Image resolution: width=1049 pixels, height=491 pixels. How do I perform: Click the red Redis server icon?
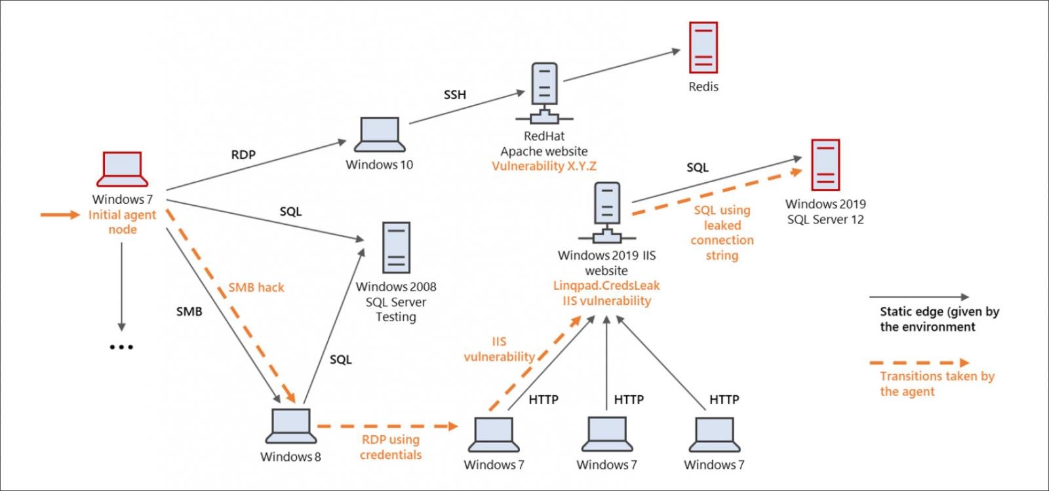(x=703, y=47)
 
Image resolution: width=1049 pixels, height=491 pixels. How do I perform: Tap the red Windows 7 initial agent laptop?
(x=122, y=170)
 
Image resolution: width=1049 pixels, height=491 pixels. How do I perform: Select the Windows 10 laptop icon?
(x=380, y=135)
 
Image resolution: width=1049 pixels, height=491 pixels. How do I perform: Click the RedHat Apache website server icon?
(x=544, y=92)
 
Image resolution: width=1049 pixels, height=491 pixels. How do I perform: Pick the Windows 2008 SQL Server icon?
(x=396, y=247)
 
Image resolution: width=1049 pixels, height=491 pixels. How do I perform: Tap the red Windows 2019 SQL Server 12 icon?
(x=825, y=165)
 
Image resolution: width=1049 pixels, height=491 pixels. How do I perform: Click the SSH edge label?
(x=455, y=95)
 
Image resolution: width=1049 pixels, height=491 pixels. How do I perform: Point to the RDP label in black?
(x=243, y=155)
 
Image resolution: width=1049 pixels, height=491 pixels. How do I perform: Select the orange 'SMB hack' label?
(x=256, y=287)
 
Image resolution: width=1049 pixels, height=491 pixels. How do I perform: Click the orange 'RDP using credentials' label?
(x=391, y=447)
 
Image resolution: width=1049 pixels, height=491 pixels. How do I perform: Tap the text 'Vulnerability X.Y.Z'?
(x=544, y=167)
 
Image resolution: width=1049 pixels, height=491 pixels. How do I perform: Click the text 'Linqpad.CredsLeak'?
(x=606, y=286)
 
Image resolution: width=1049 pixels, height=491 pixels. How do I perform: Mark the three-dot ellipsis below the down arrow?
(x=121, y=347)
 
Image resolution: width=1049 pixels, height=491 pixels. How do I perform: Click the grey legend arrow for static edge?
(x=919, y=298)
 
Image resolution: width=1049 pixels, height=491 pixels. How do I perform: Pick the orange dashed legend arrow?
(x=919, y=363)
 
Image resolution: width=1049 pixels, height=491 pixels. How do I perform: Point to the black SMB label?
(x=189, y=311)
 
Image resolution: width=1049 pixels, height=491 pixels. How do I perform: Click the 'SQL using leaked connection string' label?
(x=722, y=233)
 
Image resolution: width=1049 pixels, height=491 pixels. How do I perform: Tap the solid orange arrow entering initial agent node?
(x=60, y=214)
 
